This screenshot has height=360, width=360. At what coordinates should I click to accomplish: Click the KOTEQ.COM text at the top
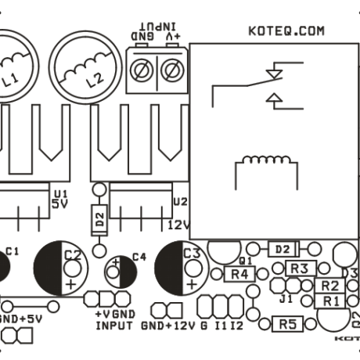coord(285,31)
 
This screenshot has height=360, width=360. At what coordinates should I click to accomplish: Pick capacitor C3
coord(181,267)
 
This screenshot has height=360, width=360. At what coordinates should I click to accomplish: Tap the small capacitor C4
coord(121,271)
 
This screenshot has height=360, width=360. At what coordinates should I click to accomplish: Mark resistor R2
coord(329,286)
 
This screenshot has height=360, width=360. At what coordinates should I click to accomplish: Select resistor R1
coord(329,301)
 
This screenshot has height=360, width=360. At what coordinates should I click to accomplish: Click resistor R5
coord(287,323)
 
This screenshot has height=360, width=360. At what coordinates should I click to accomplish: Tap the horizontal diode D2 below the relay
coord(284,249)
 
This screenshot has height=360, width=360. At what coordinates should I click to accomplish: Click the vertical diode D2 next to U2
coord(99,219)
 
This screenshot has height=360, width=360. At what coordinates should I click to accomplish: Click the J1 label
coord(286,298)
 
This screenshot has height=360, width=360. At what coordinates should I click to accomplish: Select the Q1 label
coord(244,259)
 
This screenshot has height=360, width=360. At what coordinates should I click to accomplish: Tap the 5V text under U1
coord(60,203)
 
